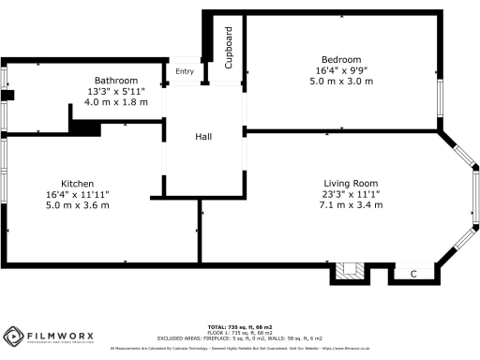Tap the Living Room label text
(x=350, y=183)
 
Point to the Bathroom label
(x=116, y=81)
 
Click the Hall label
(x=203, y=138)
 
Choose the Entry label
(x=184, y=72)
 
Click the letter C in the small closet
(x=413, y=274)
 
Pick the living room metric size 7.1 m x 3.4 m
(x=350, y=204)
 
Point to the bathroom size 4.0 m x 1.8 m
(x=116, y=102)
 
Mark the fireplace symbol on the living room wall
(x=350, y=273)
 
